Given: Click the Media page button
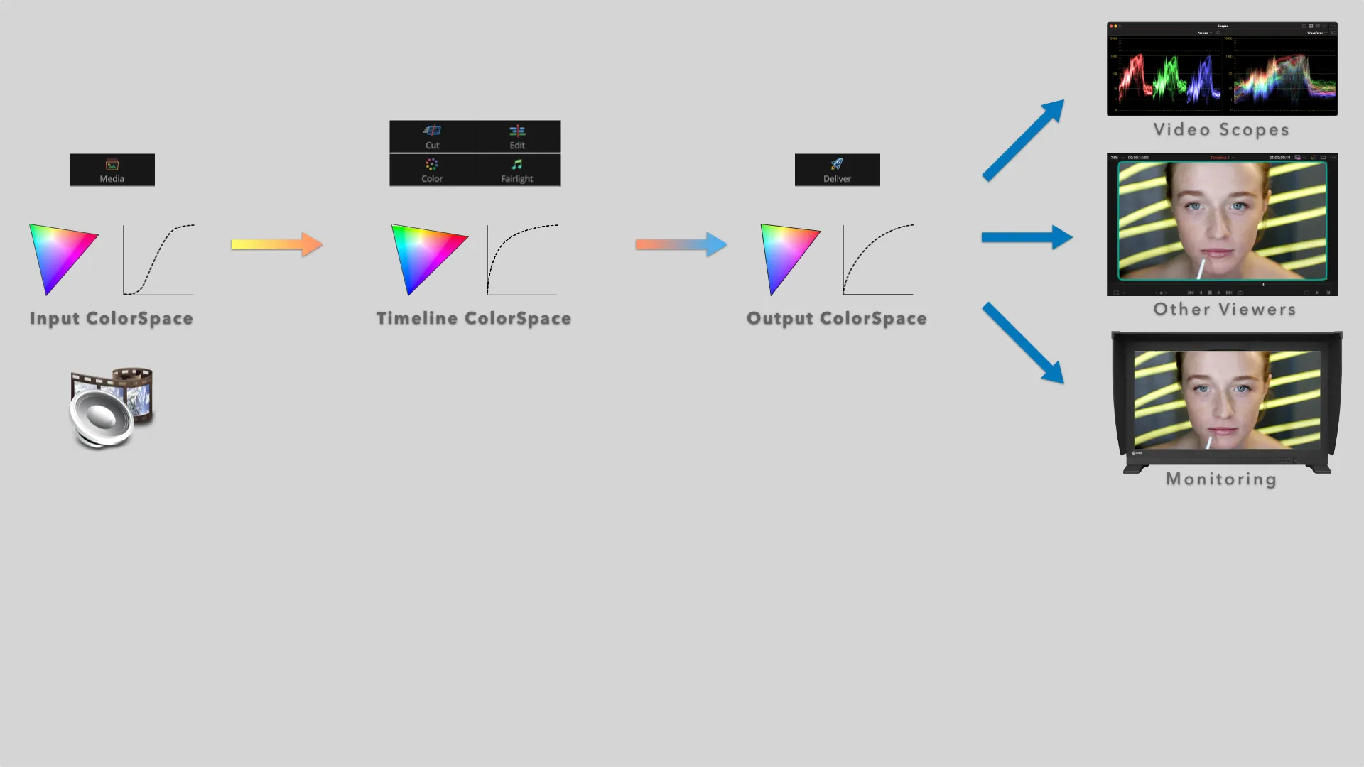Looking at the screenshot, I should point(112,170).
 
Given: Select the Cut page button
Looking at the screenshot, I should point(432,136).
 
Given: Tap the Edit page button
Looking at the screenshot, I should point(517,136).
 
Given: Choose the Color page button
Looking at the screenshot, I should point(432,170).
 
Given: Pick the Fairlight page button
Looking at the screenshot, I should point(517,170).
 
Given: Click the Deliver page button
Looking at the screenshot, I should point(837,170).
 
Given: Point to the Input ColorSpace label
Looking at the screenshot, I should point(112,319).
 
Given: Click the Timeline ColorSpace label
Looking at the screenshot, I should point(474,319).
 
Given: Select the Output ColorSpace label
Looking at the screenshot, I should point(837,319).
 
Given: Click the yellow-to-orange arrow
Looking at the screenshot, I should point(277,244).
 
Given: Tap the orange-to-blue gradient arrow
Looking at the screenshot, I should point(681,244).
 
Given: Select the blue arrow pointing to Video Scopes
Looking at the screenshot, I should point(1023,140).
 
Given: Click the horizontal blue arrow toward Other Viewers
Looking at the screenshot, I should point(1027,237).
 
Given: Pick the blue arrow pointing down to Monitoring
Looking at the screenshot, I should point(1023,343).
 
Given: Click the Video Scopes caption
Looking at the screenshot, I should point(1221,130).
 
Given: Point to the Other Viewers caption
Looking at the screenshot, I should point(1225,310).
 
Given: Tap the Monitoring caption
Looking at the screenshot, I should point(1221,479).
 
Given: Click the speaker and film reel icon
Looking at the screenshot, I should point(112,408).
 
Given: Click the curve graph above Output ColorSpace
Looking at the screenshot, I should point(878,259).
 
